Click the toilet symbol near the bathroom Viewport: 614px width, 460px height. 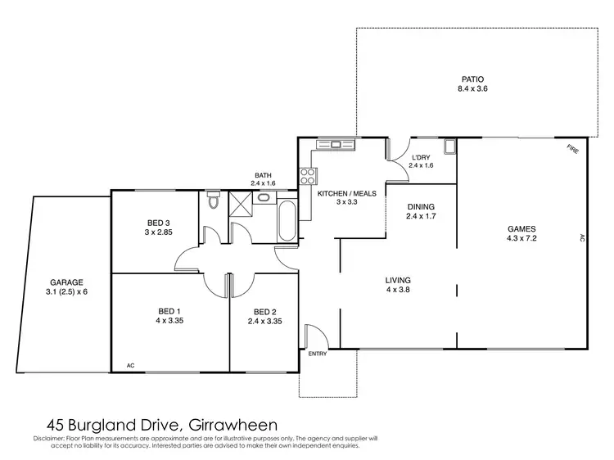point(213,199)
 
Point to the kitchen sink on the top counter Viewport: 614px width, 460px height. point(336,144)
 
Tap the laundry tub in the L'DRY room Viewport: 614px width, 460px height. point(449,147)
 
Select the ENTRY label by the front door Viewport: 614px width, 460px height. point(318,353)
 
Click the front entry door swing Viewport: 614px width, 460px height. point(315,336)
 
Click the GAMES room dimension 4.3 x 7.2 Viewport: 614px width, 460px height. point(521,239)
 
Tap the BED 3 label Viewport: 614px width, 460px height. point(159,223)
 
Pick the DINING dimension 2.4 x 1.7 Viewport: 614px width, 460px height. point(420,217)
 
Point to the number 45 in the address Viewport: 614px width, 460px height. point(54,425)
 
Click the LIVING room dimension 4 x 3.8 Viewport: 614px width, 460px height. point(398,289)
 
